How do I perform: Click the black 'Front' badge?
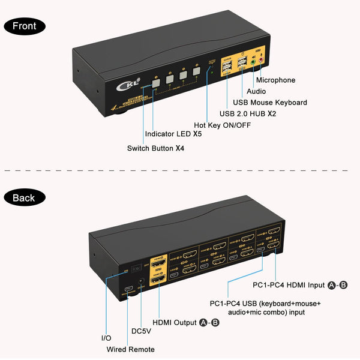24,26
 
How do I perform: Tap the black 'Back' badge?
23,197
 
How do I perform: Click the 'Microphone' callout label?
275,80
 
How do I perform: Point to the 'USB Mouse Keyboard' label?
270,103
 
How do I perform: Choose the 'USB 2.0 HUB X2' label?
247,113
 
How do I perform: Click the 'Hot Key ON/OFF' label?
221,125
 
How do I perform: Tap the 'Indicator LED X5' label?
172,134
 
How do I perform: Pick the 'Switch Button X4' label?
155,148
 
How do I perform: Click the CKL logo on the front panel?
131,83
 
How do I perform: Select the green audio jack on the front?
254,61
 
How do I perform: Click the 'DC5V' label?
142,330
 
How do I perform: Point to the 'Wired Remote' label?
130,349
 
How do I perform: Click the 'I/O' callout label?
106,338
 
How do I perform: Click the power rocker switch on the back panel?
137,266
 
